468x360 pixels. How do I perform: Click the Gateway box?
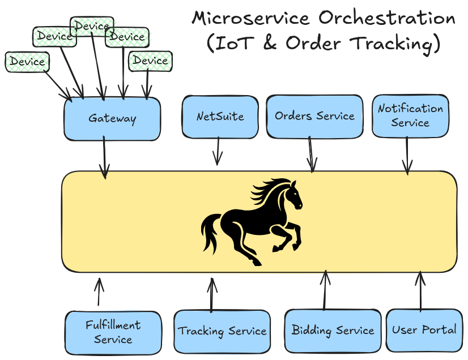pyautogui.click(x=112, y=119)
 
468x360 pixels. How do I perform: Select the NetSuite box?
pyautogui.click(x=220, y=117)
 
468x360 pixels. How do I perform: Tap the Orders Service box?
pyautogui.click(x=314, y=116)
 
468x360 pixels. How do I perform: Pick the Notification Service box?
pyautogui.click(x=410, y=115)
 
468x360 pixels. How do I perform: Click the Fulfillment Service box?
pyautogui.click(x=113, y=332)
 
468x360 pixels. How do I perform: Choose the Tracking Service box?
pyautogui.click(x=222, y=331)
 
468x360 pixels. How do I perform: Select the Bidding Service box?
pyautogui.click(x=333, y=330)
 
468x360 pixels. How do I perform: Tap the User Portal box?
pyautogui.click(x=424, y=329)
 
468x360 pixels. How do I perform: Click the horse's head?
pyautogui.click(x=292, y=195)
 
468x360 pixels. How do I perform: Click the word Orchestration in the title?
pyautogui.click(x=386, y=18)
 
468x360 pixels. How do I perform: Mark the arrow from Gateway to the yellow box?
pyautogui.click(x=104, y=158)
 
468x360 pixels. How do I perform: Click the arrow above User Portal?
pyautogui.click(x=420, y=291)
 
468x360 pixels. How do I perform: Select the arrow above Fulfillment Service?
pyautogui.click(x=100, y=292)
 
